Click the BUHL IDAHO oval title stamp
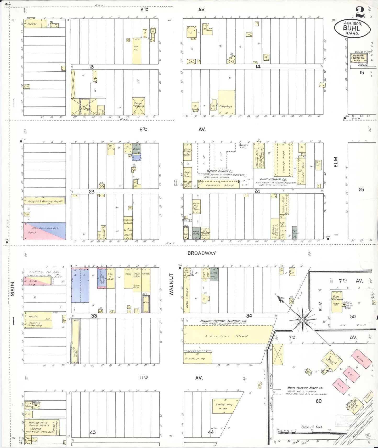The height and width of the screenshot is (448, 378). pyautogui.click(x=352, y=28)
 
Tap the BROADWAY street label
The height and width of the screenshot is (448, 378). pyautogui.click(x=202, y=253)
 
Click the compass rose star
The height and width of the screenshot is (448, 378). pyautogui.click(x=302, y=320)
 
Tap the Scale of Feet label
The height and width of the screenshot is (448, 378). pyautogui.click(x=312, y=427)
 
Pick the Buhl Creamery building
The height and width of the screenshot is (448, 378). pyautogui.click(x=337, y=301)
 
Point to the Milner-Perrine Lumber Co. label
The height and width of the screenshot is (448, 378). pyautogui.click(x=223, y=321)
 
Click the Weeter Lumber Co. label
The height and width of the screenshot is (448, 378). pyautogui.click(x=216, y=171)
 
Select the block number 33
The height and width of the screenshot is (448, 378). pyautogui.click(x=94, y=316)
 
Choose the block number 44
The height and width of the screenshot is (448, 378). pyautogui.click(x=211, y=432)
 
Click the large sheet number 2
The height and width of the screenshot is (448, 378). pyautogui.click(x=360, y=12)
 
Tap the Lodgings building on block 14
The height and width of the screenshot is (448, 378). pyautogui.click(x=226, y=102)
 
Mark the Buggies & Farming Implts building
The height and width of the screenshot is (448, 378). pyautogui.click(x=44, y=201)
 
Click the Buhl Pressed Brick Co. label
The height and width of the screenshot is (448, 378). pyautogui.click(x=305, y=388)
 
